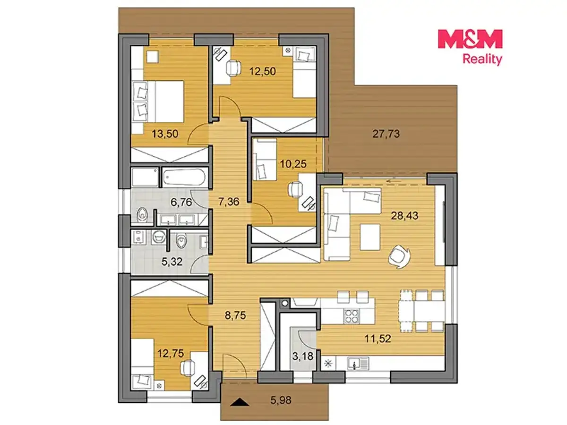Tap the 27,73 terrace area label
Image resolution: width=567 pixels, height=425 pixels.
click(386, 134)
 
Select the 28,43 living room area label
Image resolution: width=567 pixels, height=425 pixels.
click(404, 215)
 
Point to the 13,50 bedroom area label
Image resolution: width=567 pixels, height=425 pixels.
click(165, 134)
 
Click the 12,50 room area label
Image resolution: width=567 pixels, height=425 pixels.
click(262, 71)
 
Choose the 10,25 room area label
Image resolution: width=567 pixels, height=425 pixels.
click(293, 164)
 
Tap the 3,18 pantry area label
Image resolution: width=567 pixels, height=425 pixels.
click(303, 357)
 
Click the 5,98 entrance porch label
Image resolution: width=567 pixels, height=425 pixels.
click(281, 400)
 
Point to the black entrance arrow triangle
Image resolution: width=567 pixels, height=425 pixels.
click(240, 402)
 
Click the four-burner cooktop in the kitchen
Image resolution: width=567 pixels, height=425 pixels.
click(352, 316)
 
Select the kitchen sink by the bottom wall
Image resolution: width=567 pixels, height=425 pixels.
click(358, 364)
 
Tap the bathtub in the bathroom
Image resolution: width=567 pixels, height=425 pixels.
click(184, 177)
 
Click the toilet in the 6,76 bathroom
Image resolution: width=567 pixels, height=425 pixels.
click(142, 214)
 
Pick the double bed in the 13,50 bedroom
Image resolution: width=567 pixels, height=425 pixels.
click(157, 102)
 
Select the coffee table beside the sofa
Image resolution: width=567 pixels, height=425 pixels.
click(370, 237)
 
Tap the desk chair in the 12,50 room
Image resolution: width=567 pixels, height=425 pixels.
click(233, 68)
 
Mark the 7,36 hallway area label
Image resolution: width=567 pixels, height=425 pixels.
click(229, 202)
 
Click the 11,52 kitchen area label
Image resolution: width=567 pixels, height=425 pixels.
click(378, 339)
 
